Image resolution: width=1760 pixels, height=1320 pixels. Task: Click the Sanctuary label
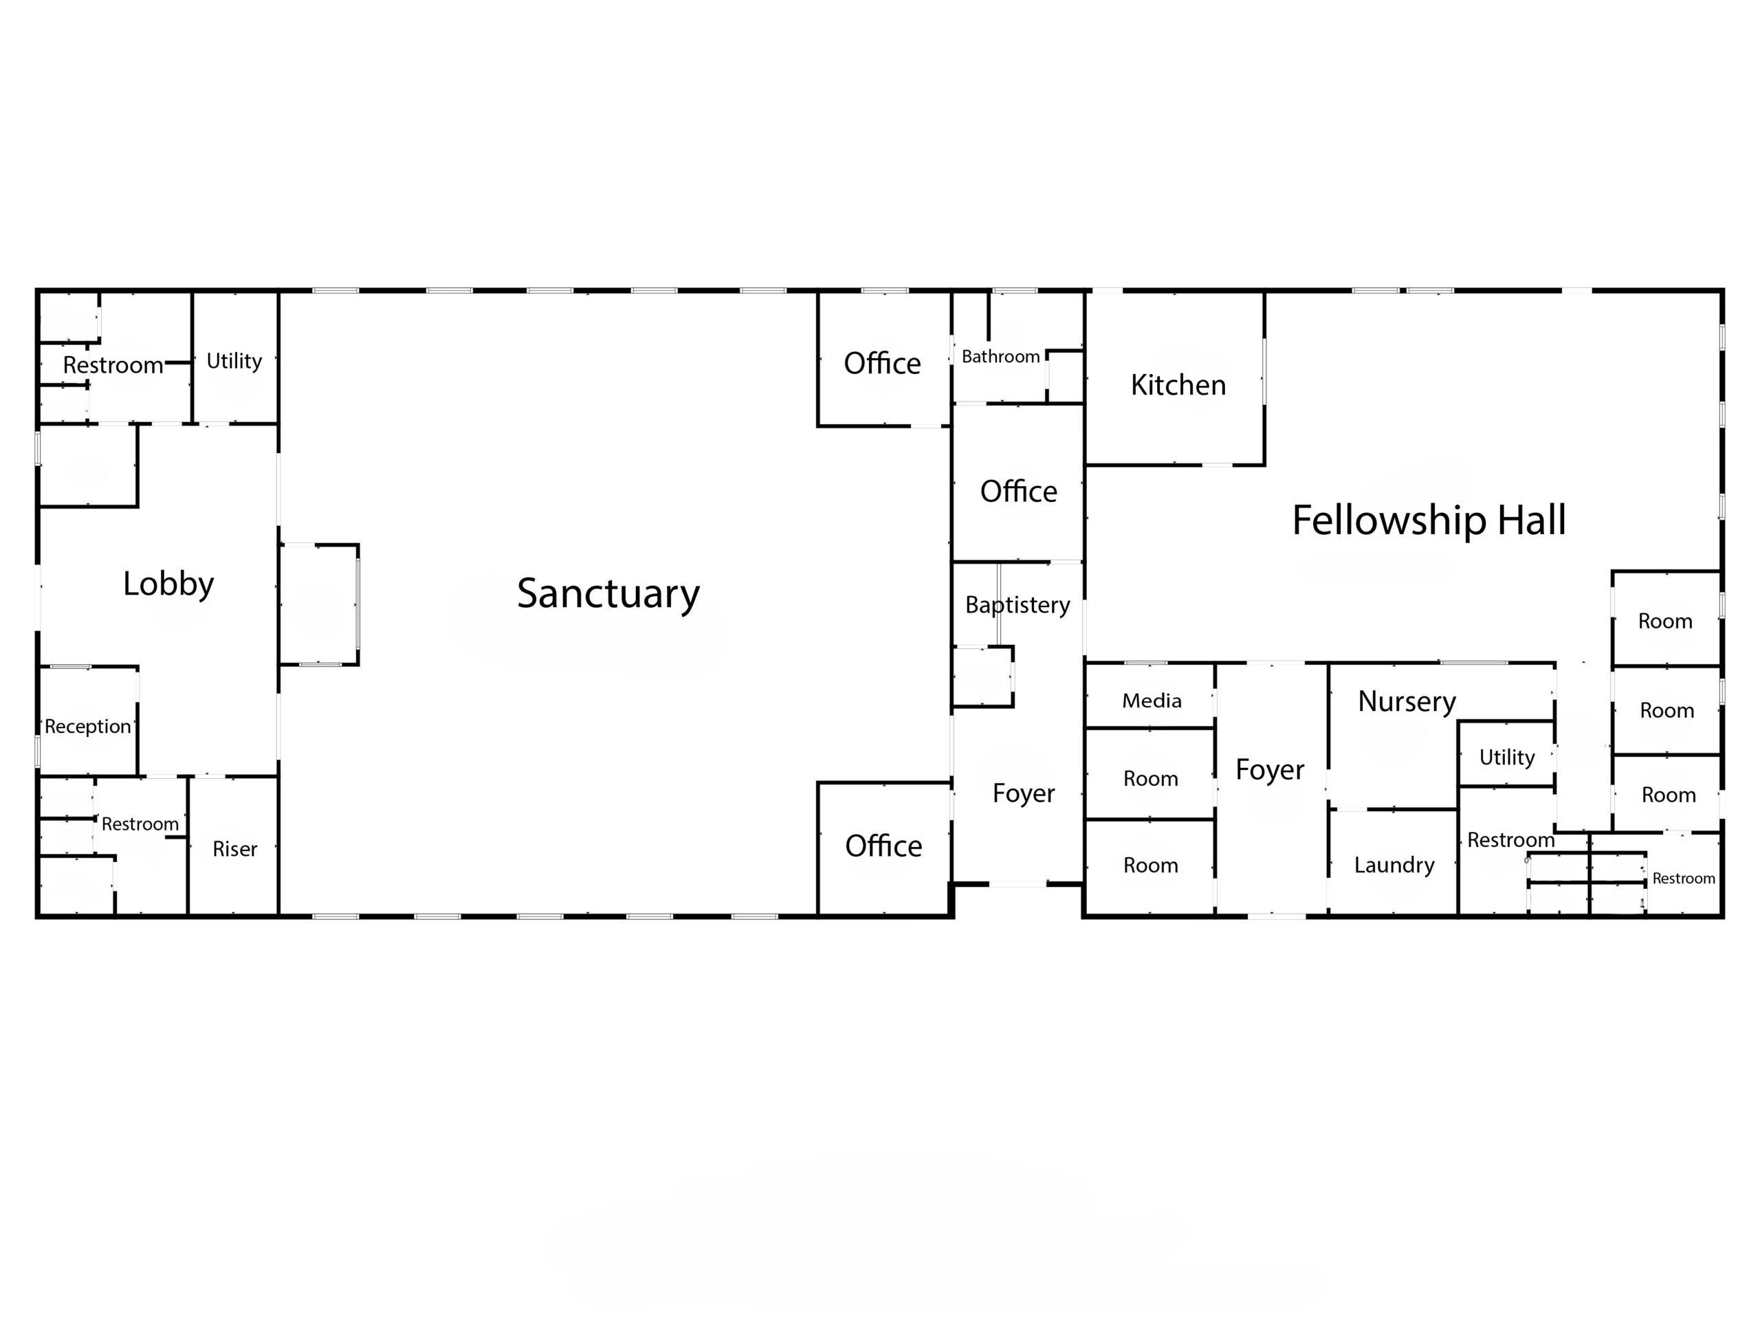[608, 593]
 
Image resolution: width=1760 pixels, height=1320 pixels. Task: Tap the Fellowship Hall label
[1429, 520]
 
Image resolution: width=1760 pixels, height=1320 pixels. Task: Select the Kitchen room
[1174, 378]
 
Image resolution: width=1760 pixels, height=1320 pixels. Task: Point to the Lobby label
[168, 584]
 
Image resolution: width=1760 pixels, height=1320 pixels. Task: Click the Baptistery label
[1017, 606]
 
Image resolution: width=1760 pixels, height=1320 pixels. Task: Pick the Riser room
[234, 846]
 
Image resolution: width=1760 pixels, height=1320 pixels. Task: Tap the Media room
[1149, 696]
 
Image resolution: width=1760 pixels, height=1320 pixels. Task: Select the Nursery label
[1407, 701]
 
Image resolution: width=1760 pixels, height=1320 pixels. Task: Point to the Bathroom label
[1001, 356]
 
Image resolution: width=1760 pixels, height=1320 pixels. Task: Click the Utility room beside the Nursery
[1506, 753]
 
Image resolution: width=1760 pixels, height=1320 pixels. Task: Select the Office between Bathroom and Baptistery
[1018, 483]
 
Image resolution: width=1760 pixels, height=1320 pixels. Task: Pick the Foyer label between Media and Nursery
[1270, 770]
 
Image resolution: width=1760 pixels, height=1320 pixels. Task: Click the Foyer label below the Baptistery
[1024, 793]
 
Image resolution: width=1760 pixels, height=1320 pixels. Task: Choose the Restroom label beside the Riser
[140, 824]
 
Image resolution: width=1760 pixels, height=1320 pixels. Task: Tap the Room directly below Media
[1149, 773]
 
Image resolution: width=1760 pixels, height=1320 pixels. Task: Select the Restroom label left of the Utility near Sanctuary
[113, 365]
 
